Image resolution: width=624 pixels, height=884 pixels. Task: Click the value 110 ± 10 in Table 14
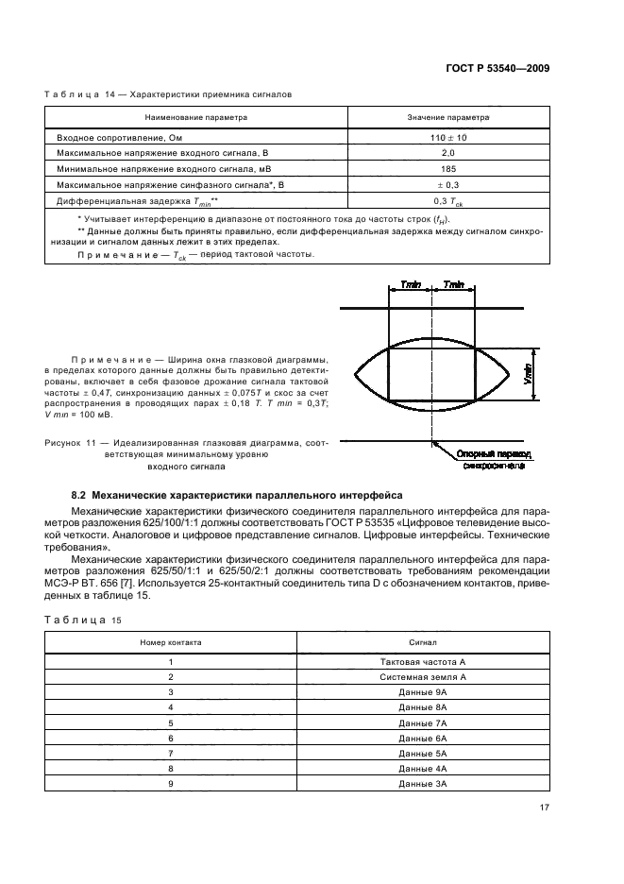[448, 137]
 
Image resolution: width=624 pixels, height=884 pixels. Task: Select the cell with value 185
[448, 168]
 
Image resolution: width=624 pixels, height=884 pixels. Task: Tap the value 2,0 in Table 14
[448, 153]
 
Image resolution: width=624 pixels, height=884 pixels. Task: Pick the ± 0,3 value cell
[448, 184]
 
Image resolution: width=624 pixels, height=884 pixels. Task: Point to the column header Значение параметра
[448, 119]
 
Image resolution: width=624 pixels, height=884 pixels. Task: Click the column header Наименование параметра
[195, 119]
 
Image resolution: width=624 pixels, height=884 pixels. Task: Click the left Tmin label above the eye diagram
[412, 285]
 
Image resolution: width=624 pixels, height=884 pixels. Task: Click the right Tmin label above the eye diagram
[454, 285]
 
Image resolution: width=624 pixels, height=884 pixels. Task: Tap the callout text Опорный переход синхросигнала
[494, 460]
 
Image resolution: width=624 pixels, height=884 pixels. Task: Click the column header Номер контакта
[171, 641]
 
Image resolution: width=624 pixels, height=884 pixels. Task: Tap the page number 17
[544, 807]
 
